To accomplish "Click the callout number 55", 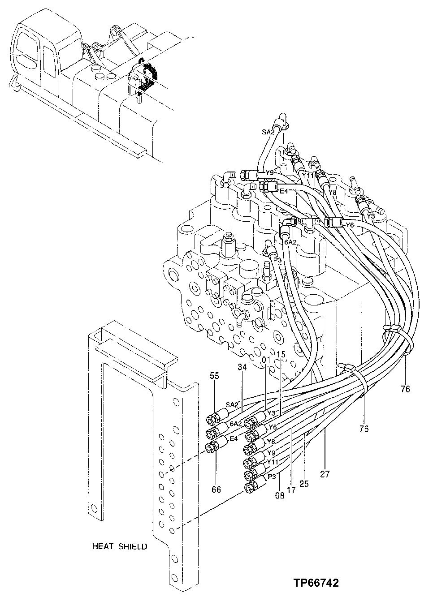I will [x=214, y=376].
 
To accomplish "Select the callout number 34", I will [x=242, y=367].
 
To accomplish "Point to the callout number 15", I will [x=281, y=354].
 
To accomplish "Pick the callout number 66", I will [x=216, y=490].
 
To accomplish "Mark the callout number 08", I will [x=280, y=496].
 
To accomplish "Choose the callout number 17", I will [x=291, y=490].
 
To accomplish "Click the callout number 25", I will [x=304, y=484].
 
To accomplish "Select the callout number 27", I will [x=325, y=474].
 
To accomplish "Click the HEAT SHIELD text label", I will [x=120, y=546].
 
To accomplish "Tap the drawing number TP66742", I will [x=316, y=583].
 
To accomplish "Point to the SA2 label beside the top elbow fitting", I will [x=268, y=133].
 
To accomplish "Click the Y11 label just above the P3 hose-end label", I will [x=273, y=462].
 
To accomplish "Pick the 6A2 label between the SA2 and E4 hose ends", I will [x=236, y=424].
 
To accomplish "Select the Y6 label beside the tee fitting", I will [x=350, y=225].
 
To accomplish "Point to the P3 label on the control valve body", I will [x=277, y=259].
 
